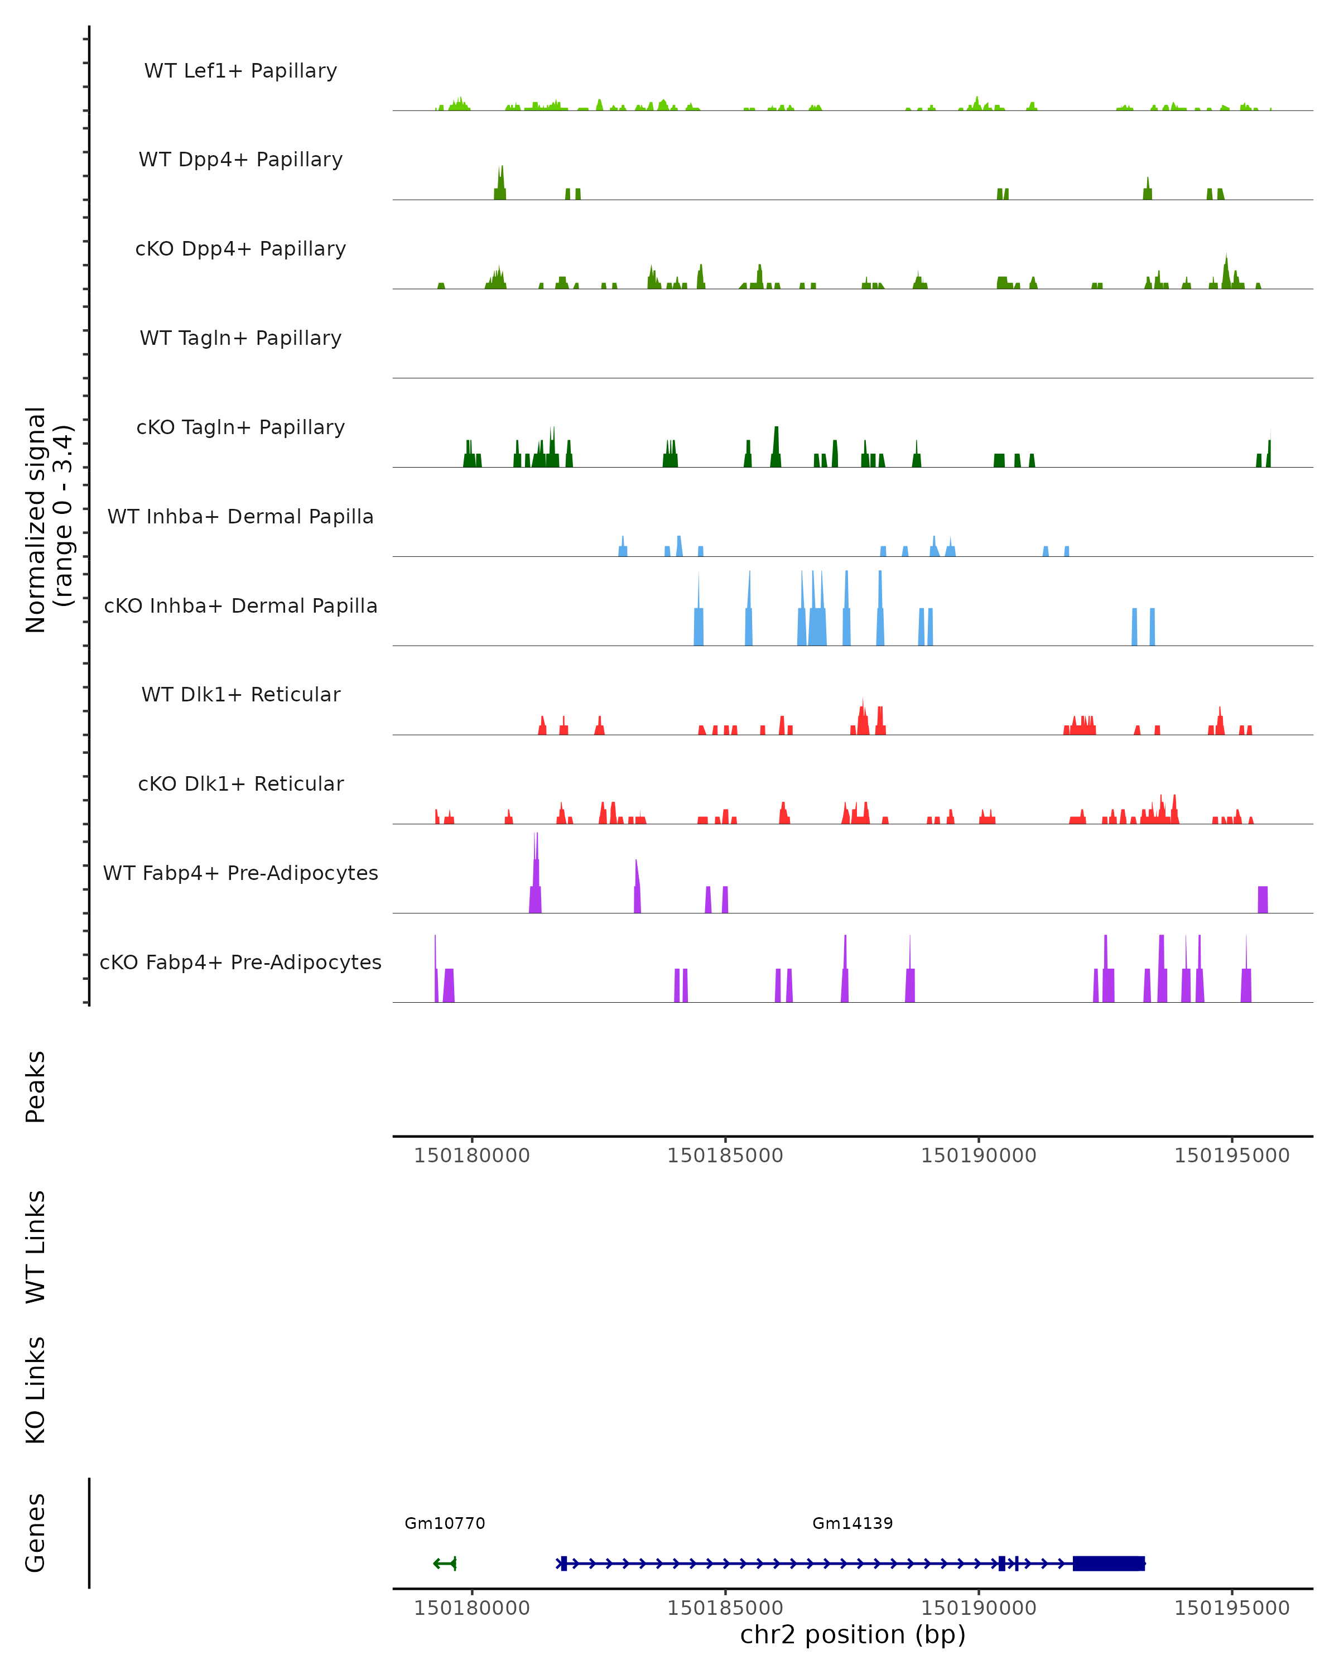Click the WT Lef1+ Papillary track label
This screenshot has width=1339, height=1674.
click(x=240, y=71)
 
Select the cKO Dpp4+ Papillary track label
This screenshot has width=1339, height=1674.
click(x=240, y=249)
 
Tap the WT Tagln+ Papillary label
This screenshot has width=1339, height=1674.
click(x=240, y=339)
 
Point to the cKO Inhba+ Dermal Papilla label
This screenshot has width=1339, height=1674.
click(x=240, y=607)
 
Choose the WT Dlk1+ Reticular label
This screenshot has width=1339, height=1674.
click(x=240, y=695)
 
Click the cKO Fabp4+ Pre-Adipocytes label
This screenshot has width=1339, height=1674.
click(x=240, y=963)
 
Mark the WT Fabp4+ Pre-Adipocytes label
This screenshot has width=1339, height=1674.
click(x=240, y=873)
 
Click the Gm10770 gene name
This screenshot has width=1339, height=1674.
click(x=445, y=1523)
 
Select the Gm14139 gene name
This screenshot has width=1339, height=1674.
click(x=852, y=1523)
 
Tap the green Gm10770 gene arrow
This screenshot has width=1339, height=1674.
click(x=445, y=1563)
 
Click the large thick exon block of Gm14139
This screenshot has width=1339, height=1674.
click(x=1109, y=1563)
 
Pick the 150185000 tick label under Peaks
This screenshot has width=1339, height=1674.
click(x=725, y=1156)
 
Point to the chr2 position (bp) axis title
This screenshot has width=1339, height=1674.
click(x=852, y=1634)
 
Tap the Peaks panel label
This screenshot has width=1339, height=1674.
click(x=36, y=1087)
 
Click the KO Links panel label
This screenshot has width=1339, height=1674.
click(x=36, y=1391)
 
